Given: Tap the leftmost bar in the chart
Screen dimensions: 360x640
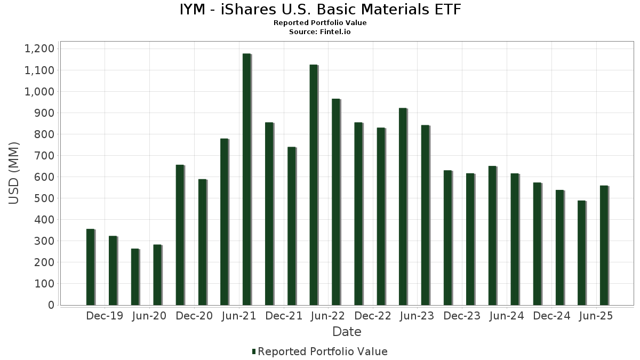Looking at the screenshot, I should pyautogui.click(x=90, y=267).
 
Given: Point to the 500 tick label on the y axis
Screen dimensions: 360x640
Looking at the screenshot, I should pyautogui.click(x=44, y=198).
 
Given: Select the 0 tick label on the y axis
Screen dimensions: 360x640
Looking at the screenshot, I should pyautogui.click(x=51, y=305).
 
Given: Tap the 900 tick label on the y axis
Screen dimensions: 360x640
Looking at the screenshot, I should pyautogui.click(x=44, y=113).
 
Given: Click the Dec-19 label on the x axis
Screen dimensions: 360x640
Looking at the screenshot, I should pyautogui.click(x=105, y=316).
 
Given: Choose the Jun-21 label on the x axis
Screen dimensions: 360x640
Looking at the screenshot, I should pyautogui.click(x=238, y=316).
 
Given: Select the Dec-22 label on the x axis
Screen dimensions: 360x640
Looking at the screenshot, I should pyautogui.click(x=373, y=316).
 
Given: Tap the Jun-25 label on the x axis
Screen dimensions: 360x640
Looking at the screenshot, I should pyautogui.click(x=596, y=316).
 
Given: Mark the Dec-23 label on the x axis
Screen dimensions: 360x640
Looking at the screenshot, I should pyautogui.click(x=462, y=316).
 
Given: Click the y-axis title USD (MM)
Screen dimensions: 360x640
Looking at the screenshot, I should pyautogui.click(x=14, y=173).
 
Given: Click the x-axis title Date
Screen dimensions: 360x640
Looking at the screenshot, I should pyautogui.click(x=347, y=332).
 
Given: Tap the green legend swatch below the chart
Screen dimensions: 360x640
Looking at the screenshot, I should pyautogui.click(x=254, y=351).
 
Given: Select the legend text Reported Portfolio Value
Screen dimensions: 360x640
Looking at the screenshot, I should pyautogui.click(x=323, y=351).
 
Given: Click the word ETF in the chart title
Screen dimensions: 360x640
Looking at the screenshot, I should pyautogui.click(x=444, y=10).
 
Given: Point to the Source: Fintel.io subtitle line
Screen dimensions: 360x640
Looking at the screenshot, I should pyautogui.click(x=320, y=31).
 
